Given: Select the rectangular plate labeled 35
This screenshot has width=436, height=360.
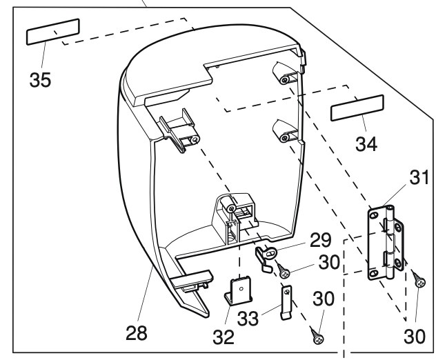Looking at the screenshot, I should point(53,32).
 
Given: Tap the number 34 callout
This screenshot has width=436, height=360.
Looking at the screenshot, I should point(368,144).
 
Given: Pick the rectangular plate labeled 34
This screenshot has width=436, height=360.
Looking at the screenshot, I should point(357,110).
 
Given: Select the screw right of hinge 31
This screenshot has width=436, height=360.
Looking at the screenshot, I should point(419,279).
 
